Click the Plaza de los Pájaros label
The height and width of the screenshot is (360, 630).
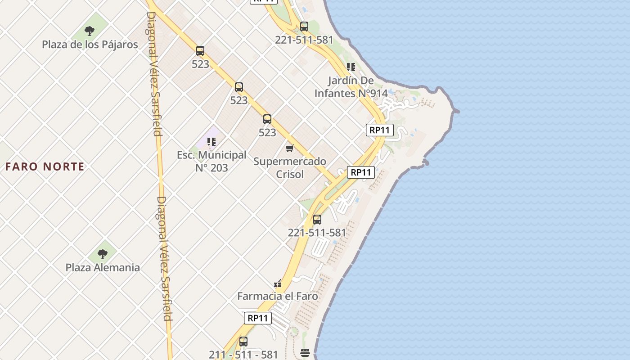(x=90, y=45)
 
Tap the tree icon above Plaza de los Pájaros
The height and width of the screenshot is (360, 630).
(x=90, y=31)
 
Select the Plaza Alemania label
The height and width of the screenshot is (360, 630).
(x=103, y=267)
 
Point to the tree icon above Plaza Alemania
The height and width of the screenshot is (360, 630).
(x=103, y=254)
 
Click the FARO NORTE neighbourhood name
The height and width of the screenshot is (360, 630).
(x=45, y=166)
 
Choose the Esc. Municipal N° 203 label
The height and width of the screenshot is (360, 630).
(x=211, y=161)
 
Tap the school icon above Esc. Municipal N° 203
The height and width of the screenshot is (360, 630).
(x=211, y=142)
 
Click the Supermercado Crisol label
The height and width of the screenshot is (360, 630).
(x=290, y=167)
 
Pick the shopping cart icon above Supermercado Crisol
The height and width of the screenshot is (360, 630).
(x=290, y=148)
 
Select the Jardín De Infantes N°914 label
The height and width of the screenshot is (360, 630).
(x=351, y=87)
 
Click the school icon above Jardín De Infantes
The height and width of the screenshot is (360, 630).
(x=351, y=67)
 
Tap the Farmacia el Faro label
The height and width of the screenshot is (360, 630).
(x=278, y=296)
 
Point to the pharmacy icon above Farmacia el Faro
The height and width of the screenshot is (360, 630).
(x=278, y=283)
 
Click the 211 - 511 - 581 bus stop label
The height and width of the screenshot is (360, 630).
(x=243, y=354)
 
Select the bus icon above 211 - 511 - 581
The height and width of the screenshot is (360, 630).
(x=243, y=341)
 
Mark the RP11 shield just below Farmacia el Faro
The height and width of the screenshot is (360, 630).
(x=258, y=318)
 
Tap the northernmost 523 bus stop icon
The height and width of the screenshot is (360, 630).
(x=200, y=51)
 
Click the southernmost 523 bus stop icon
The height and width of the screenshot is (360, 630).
(x=267, y=119)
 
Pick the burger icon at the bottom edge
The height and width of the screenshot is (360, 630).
(x=305, y=352)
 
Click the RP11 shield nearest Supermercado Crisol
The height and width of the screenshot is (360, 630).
(x=361, y=172)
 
